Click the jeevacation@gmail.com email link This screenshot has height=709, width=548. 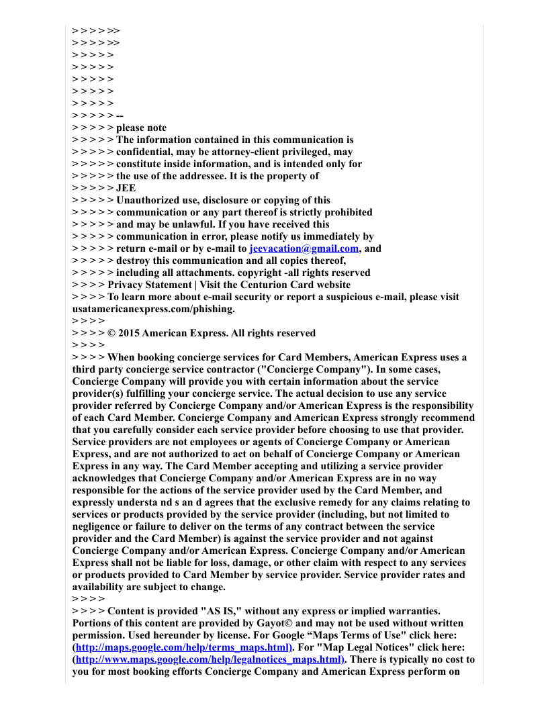point(304,248)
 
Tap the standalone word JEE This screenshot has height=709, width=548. point(126,188)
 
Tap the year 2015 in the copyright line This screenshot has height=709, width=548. point(129,333)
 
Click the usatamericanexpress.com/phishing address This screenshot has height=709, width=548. point(153,309)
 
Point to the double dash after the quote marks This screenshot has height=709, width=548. point(120,115)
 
